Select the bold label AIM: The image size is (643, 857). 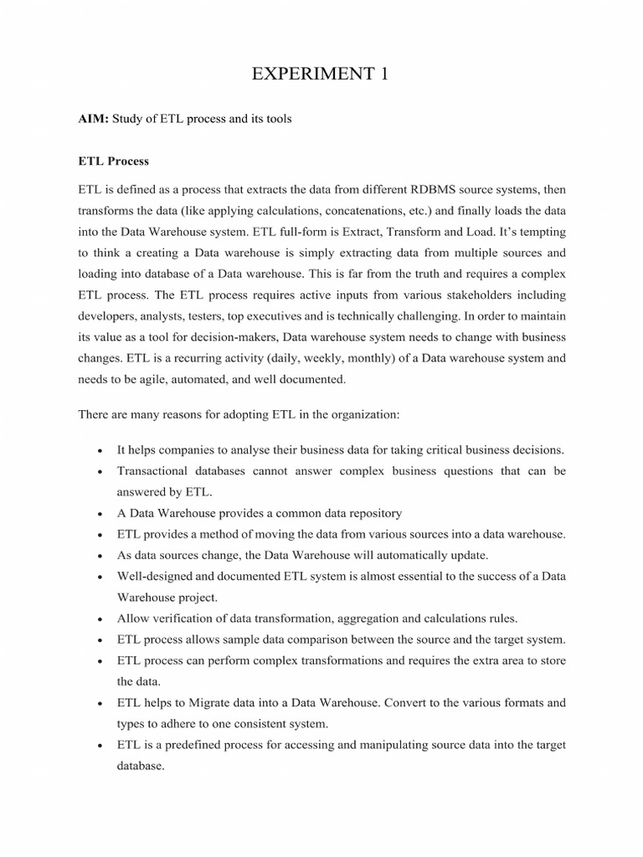(x=95, y=119)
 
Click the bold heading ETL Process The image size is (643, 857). (x=114, y=159)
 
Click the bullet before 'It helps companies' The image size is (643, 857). (x=100, y=449)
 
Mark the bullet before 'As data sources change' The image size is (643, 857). (x=100, y=556)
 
